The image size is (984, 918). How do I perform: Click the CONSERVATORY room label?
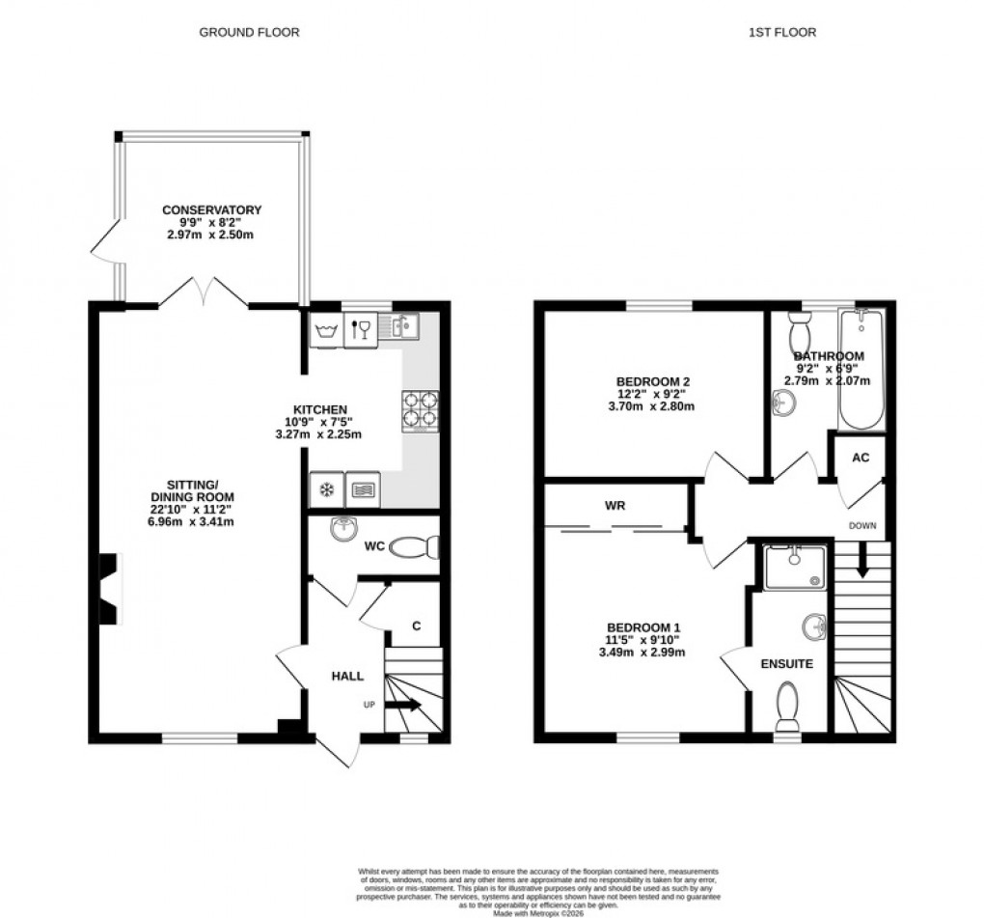tap(211, 209)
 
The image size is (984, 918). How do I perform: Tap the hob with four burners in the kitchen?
tap(420, 408)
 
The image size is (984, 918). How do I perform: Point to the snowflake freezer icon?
tap(327, 489)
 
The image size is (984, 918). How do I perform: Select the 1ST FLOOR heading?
tap(782, 32)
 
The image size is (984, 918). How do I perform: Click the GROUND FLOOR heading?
tap(249, 32)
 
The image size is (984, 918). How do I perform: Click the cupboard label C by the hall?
tap(417, 626)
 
